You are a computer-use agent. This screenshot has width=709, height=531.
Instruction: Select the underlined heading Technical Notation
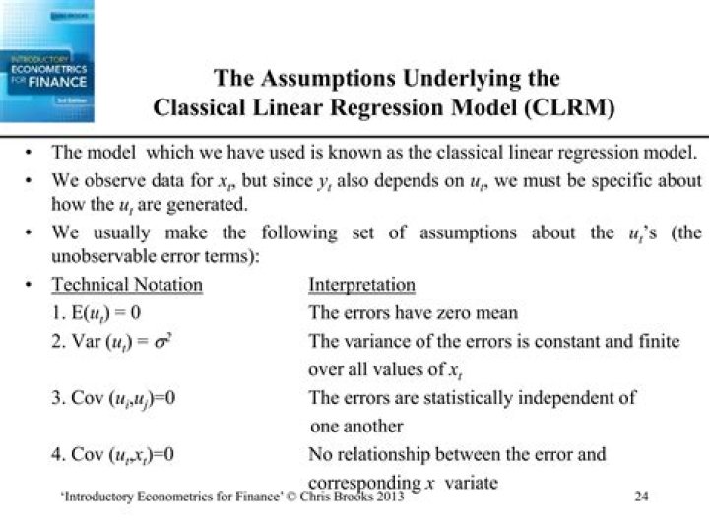pos(127,286)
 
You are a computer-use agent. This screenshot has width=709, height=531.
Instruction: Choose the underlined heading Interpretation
pos(361,286)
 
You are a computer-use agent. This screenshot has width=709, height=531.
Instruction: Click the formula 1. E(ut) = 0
pos(107,313)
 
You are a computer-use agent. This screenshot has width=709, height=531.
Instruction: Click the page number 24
pos(641,497)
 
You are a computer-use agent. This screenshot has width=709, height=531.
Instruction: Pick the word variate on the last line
pos(471,483)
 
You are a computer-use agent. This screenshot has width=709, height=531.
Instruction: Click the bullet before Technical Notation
pos(31,286)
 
